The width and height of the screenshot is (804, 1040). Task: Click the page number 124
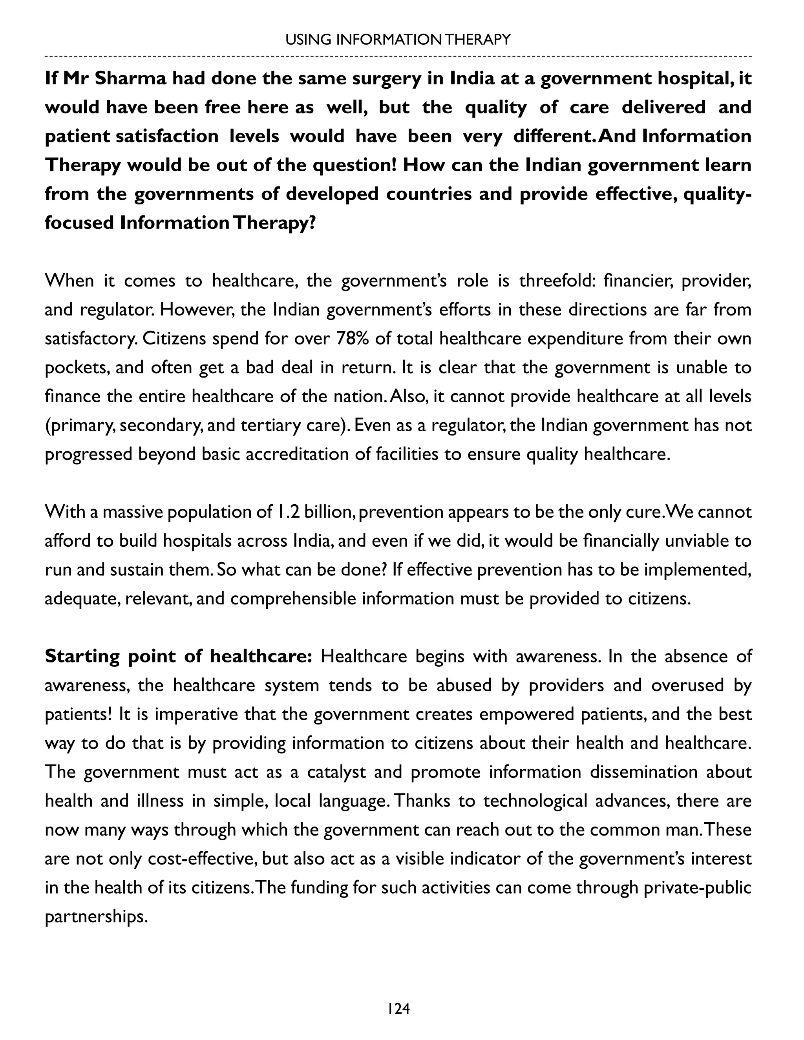[x=399, y=1009]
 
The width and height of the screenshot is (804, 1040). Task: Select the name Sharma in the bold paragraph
[x=130, y=78]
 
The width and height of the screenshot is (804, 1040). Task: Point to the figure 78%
[x=353, y=339]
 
